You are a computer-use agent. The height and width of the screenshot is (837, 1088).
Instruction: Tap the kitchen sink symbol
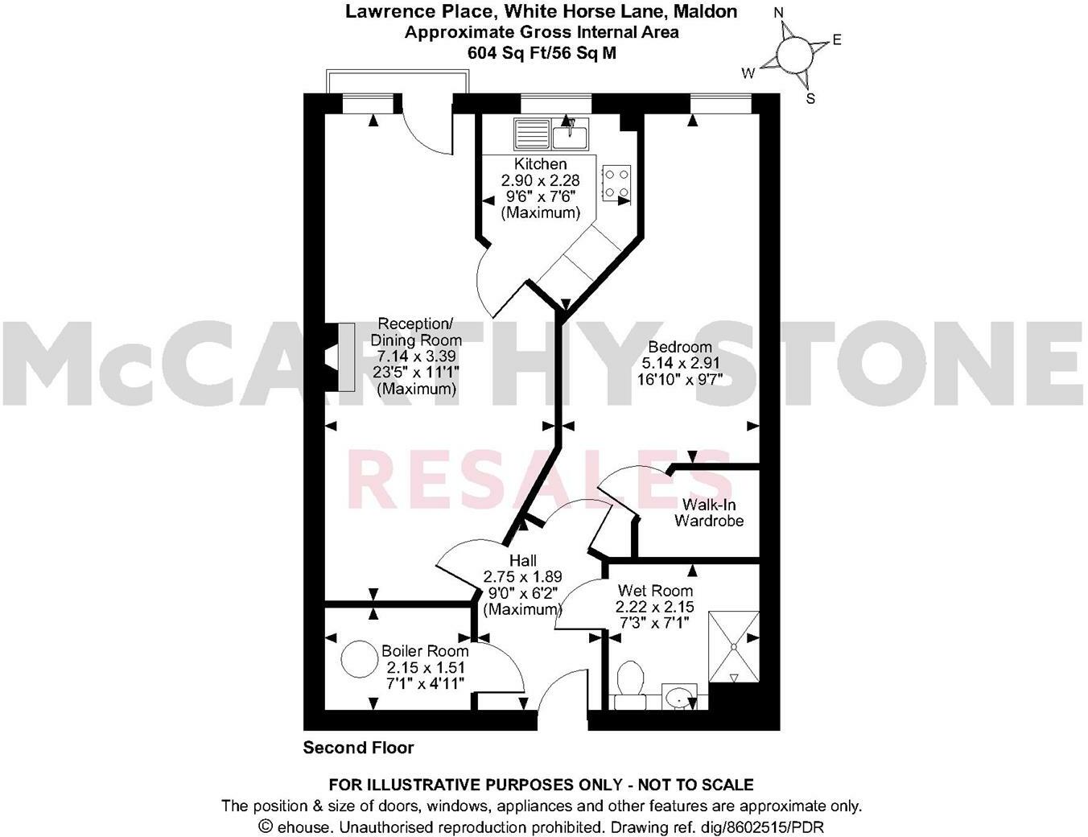(570, 133)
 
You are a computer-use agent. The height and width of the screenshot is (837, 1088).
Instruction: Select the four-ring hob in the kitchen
(616, 183)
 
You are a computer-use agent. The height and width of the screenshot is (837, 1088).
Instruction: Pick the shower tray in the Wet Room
(732, 647)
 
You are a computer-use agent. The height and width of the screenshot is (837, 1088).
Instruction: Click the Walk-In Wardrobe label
(708, 513)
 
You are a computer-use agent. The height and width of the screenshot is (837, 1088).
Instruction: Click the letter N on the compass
(778, 13)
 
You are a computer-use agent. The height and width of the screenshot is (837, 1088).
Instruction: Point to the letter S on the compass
(810, 99)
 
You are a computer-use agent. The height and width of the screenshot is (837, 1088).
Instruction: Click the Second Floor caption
(358, 748)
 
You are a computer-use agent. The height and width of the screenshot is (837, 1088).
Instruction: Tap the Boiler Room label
(425, 651)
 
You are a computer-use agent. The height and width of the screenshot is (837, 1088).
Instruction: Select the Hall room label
(522, 560)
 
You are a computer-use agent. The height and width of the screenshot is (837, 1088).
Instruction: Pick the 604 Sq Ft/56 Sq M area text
(542, 53)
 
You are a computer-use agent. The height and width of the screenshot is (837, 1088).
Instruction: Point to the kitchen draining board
(530, 133)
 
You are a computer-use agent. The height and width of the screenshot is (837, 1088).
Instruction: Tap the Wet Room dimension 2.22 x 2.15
(654, 607)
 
